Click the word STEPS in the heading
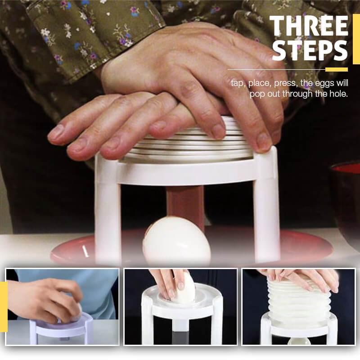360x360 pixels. [x=310, y=51]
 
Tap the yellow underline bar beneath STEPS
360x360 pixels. [x=336, y=69]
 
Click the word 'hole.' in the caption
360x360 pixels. [x=337, y=94]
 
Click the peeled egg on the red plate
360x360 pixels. [x=177, y=241]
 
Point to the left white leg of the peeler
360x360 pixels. [x=107, y=211]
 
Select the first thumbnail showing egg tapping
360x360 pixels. [x=63, y=306]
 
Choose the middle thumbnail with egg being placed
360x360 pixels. [x=180, y=306]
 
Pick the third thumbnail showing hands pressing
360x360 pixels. [x=298, y=306]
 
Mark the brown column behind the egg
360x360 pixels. [x=185, y=202]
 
